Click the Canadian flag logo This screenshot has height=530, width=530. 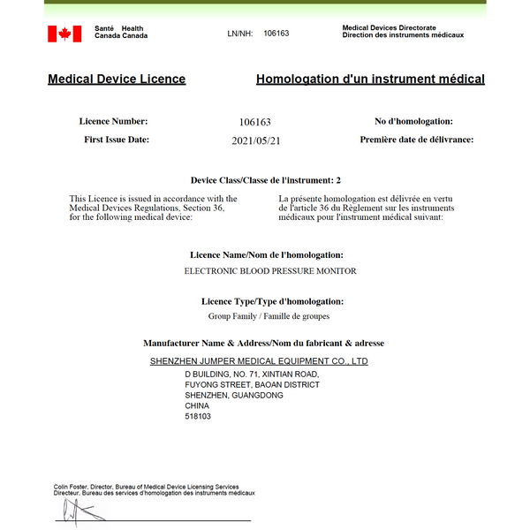pos(64,34)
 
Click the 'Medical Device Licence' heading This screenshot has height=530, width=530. pos(117,79)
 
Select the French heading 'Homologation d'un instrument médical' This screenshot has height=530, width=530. pos(370,79)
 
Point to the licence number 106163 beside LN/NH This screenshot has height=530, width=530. pos(276,34)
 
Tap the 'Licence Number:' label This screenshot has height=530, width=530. pos(113,121)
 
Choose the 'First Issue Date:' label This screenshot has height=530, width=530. pos(117,140)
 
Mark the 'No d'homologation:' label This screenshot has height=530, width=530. pos(413,121)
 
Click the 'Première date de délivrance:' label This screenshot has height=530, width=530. pos(416,140)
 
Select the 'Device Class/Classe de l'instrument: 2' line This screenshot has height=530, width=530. pos(265,180)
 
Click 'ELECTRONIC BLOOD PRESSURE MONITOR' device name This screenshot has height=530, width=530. pos(270,271)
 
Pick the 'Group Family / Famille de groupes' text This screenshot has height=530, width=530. pos(263,315)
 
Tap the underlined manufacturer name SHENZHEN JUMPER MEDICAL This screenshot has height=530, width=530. pos(259,361)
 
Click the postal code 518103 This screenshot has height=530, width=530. pos(198,416)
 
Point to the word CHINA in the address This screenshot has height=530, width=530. pos(197,405)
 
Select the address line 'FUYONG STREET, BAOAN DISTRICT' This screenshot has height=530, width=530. pos(252,385)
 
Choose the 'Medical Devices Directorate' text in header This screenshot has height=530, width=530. pos(390,28)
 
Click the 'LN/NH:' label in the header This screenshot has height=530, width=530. pos(239,34)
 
